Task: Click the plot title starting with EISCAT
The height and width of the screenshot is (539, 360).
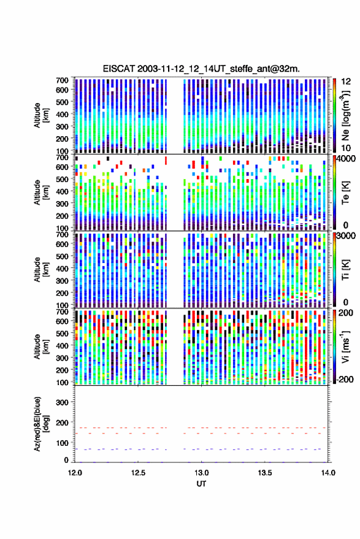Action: point(201,69)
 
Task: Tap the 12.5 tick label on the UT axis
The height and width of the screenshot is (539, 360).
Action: point(138,473)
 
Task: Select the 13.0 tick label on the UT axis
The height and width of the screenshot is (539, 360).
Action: point(202,473)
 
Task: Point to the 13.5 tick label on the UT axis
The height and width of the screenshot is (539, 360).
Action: point(265,473)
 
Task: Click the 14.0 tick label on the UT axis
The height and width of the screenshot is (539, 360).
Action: point(328,473)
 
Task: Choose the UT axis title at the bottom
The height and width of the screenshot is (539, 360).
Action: point(201,484)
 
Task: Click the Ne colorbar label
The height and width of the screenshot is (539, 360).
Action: point(345,115)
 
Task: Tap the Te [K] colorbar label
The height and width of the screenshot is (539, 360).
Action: point(345,193)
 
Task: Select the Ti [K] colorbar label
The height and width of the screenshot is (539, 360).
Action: point(345,270)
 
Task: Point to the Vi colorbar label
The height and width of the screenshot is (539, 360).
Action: point(345,346)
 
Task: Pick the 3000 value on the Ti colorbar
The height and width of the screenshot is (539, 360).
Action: point(347,236)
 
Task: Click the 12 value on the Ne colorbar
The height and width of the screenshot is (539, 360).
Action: point(347,82)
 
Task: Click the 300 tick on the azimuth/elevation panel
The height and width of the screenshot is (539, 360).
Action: point(62,402)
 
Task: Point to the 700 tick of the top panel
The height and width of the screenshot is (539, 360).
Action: point(62,80)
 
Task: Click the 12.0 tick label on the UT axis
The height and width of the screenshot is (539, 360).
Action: point(75,473)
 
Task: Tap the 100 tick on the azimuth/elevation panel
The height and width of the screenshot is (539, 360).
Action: point(62,443)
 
